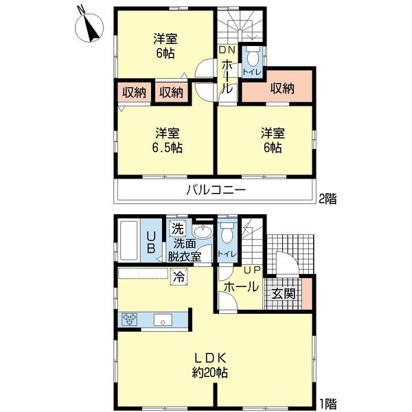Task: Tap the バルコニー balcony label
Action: pos(215,190)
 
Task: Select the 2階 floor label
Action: pos(328,200)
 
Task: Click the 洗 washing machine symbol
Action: pos(178,229)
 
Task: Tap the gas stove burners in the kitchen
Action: pos(130,318)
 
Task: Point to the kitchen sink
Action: pos(163,319)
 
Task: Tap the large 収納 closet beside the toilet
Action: pos(282,88)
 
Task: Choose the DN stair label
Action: pos(226,50)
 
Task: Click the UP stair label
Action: pos(251,270)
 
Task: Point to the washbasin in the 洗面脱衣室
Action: pos(202,231)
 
